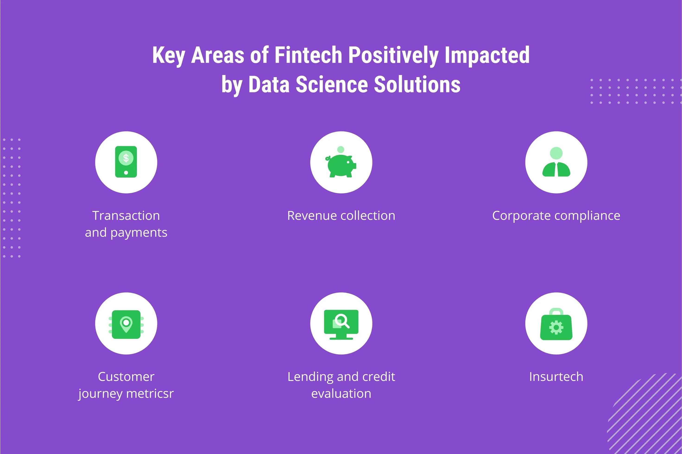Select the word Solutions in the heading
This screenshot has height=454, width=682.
click(x=417, y=84)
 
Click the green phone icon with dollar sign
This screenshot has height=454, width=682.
click(x=126, y=162)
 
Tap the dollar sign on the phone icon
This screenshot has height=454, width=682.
click(x=126, y=158)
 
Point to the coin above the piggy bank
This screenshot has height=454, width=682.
click(x=341, y=149)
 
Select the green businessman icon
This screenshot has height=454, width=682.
click(x=556, y=162)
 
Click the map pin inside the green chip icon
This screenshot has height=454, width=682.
click(x=126, y=324)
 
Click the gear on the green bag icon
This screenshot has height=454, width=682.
click(x=556, y=328)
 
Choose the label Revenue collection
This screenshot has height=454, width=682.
click(x=341, y=216)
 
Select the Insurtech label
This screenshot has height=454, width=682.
click(x=556, y=377)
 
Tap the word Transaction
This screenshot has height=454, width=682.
click(x=126, y=216)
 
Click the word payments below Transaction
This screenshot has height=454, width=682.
click(x=139, y=233)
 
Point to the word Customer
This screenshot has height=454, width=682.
click(x=126, y=377)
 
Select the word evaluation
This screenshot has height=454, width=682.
click(x=341, y=394)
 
